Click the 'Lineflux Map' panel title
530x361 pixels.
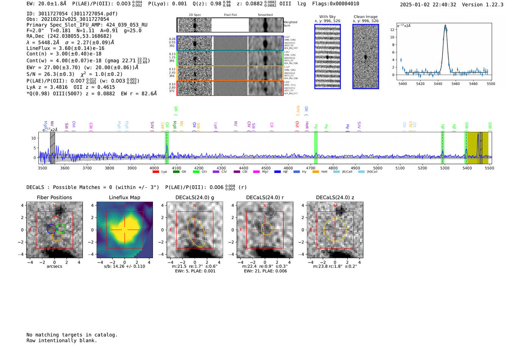pyautogui.click(x=124, y=197)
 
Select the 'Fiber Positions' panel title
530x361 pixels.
pyautogui.click(x=54, y=197)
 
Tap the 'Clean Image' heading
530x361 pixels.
pyautogui.click(x=365, y=17)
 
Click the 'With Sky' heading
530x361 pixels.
pyautogui.click(x=327, y=17)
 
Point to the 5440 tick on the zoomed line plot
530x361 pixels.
pyautogui.click(x=438, y=84)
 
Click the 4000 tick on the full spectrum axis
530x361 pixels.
pyautogui.click(x=154, y=168)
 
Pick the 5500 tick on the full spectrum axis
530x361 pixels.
pyautogui.click(x=489, y=168)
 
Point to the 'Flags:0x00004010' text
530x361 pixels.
pyautogui.click(x=335, y=4)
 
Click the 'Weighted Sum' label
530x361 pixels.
pyautogui.click(x=290, y=24)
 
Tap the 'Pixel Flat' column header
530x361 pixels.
pyautogui.click(x=230, y=15)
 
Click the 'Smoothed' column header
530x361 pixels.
pyautogui.click(x=265, y=15)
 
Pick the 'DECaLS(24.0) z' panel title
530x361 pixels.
pyautogui.click(x=335, y=197)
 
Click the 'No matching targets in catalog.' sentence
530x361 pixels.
pyautogui.click(x=72, y=335)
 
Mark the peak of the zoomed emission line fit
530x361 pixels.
pyautogui.click(x=445, y=25)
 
